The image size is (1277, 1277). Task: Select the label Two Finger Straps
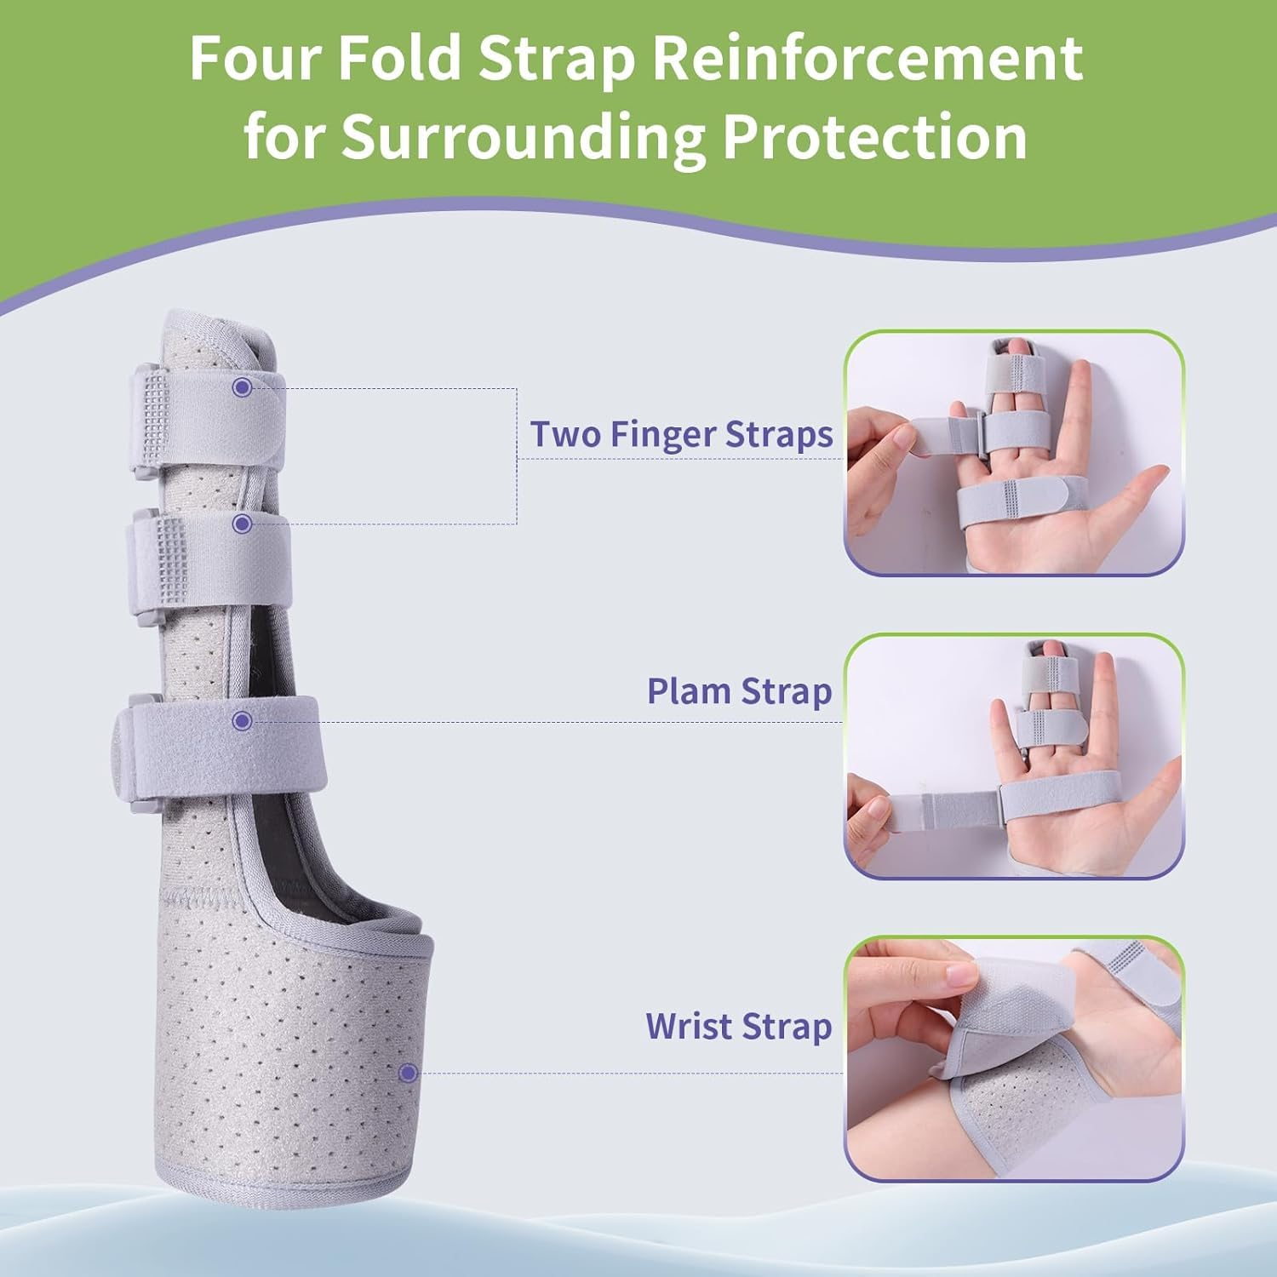(x=681, y=434)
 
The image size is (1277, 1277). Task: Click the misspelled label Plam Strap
(x=739, y=691)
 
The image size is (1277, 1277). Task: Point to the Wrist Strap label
(x=738, y=1026)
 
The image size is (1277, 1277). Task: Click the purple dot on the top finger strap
(x=242, y=387)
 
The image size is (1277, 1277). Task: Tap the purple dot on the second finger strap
(x=242, y=523)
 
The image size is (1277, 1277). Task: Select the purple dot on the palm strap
(x=242, y=721)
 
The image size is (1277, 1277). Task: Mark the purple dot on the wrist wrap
(x=408, y=1073)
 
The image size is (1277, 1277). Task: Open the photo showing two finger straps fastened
(x=1013, y=453)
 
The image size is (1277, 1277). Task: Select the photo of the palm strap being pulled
(x=1013, y=756)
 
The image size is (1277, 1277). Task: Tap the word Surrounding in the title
(x=524, y=136)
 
